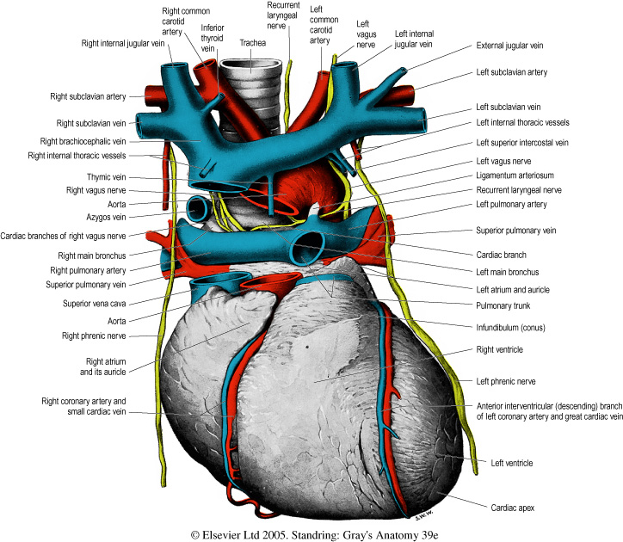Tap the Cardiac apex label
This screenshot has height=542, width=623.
tap(512, 508)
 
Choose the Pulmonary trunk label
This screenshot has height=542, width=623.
tap(506, 304)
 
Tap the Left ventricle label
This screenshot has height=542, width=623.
tap(509, 463)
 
